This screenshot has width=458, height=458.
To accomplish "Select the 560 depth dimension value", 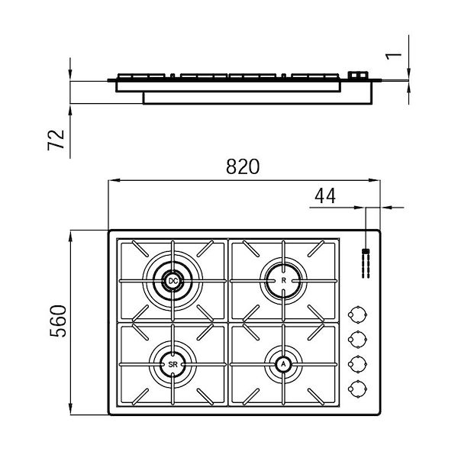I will pos(57,321).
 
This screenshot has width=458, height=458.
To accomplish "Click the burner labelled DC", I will pos(173,281).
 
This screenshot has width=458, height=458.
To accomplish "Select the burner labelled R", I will pos(283,281).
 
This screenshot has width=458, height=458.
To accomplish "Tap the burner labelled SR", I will pos(173,365).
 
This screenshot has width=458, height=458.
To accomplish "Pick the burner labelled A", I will pos(283,365).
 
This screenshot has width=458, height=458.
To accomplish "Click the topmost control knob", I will pos(355,314).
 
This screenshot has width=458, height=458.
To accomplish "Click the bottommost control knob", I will pos(355,388).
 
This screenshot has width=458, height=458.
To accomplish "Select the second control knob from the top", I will pos(355,339).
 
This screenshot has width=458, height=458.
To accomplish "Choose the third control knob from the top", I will pos(355,363).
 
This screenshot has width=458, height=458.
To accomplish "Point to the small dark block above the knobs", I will pos(365,251).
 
